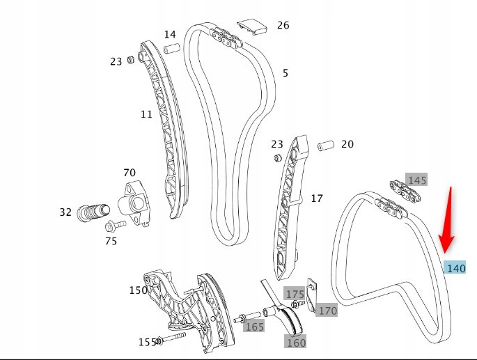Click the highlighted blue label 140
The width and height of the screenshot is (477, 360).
coord(455,268)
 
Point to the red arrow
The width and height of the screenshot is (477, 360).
coord(448,221)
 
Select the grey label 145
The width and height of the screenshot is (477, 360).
coord(416,180)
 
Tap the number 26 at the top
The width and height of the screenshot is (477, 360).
coord(283,26)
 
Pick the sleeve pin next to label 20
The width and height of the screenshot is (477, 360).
coord(326,146)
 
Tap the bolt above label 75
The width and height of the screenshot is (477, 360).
coord(116,226)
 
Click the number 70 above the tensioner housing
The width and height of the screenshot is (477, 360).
coord(130,173)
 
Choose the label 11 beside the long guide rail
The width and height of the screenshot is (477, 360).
coord(146,114)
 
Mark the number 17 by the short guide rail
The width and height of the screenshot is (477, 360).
coord(317,198)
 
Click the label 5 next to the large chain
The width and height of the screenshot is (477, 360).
coord(285,73)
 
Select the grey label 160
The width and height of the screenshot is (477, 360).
coord(296,341)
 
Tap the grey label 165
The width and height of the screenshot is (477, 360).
coord(254,326)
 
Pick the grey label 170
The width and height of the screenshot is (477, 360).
coord(327,311)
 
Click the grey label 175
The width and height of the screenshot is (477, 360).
coord(295,294)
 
